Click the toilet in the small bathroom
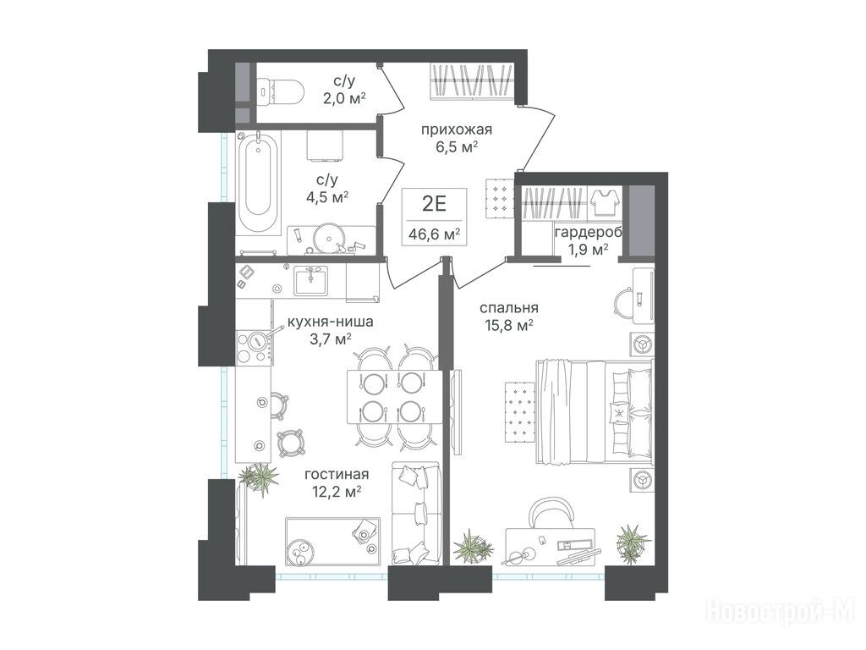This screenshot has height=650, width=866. [x=280, y=91]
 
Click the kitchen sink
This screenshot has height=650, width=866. [x=310, y=281]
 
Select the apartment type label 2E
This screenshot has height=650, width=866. [x=434, y=205]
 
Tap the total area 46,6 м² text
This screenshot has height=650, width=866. [x=434, y=234]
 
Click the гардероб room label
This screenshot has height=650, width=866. [x=589, y=232]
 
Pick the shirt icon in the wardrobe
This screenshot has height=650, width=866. [x=603, y=203]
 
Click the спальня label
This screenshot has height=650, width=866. [x=508, y=308]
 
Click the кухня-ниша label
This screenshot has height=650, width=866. [x=330, y=321]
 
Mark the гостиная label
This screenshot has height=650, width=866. [x=337, y=474]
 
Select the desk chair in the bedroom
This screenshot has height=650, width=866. [x=551, y=512]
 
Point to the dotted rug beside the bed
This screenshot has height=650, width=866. [x=520, y=412]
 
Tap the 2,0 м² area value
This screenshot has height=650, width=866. [x=345, y=98]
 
